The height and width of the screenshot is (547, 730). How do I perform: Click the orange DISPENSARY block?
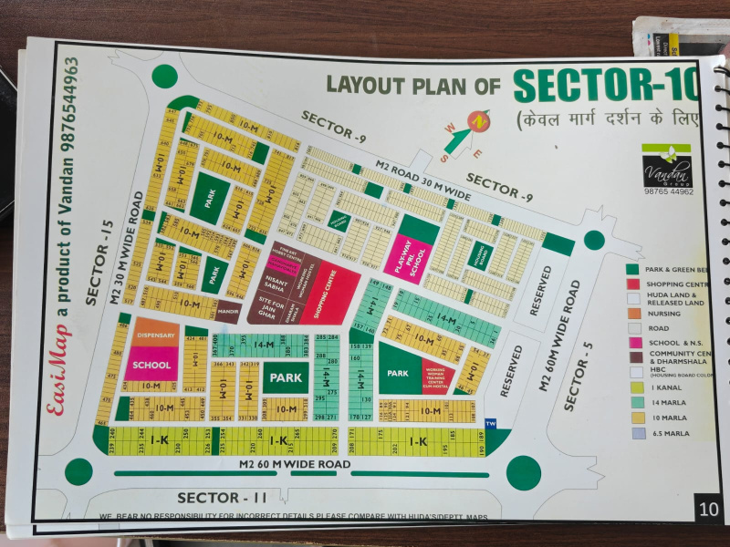tap(155, 335)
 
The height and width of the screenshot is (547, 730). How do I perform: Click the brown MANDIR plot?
tap(229, 311)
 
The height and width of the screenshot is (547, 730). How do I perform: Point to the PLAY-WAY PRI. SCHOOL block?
tap(402, 258)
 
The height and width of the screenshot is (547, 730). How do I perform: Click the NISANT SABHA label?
tap(276, 281)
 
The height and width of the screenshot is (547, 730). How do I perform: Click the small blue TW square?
tap(491, 423)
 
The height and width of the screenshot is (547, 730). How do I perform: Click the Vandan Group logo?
tap(667, 166)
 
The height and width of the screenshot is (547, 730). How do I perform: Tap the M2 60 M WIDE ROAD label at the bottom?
tap(294, 465)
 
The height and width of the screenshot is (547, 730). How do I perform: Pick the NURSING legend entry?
tap(663, 313)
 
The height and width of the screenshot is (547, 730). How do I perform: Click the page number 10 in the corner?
tap(707, 507)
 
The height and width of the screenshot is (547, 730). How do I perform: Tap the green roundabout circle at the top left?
tap(165, 77)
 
